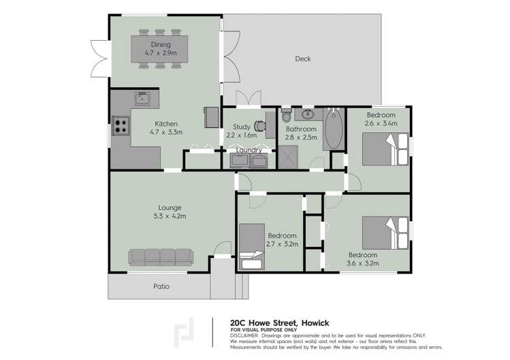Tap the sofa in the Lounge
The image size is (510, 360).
click(x=161, y=257)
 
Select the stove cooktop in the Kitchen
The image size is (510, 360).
click(x=121, y=125)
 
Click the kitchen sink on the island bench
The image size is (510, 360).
click(x=142, y=99)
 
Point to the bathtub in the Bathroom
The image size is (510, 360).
click(x=332, y=129)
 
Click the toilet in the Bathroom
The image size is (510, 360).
click(x=286, y=114)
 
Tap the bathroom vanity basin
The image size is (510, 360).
click(x=308, y=114)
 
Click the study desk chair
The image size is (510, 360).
click(x=259, y=126)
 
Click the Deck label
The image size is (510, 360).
click(x=303, y=59)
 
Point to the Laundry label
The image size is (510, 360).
click(x=249, y=150)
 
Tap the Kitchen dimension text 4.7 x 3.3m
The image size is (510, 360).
click(x=166, y=133)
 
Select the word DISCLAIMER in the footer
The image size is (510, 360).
click(x=244, y=336)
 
